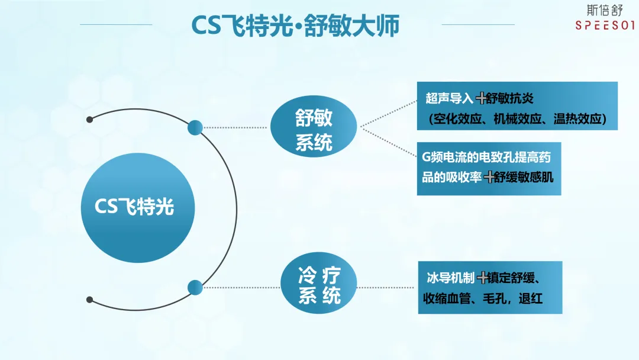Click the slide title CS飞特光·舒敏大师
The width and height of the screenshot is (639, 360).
295,25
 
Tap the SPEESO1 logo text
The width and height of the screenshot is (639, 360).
605,25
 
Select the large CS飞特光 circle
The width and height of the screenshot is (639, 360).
137,208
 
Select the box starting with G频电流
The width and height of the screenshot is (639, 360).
488,168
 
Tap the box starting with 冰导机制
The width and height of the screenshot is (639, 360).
489,287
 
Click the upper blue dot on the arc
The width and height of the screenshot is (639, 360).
195,127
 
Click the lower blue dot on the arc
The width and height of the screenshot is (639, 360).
195,288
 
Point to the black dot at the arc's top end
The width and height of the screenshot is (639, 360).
89,119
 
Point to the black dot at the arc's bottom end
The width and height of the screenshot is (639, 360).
89,300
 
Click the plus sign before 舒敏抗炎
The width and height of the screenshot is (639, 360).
481,98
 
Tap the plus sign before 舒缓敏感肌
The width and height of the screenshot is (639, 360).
489,176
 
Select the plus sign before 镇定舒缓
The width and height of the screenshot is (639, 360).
483,277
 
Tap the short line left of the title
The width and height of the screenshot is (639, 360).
116,24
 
